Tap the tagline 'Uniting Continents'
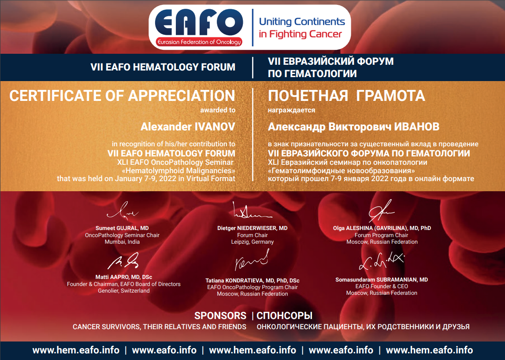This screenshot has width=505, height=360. click(302, 22)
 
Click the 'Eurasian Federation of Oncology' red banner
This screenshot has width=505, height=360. click(199, 42)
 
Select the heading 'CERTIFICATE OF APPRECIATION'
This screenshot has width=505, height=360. click(122, 96)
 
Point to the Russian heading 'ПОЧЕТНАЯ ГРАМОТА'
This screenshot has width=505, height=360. click(346, 96)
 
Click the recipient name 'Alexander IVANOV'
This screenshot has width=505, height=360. click(188, 126)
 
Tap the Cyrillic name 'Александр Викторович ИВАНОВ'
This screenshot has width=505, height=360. click(353, 127)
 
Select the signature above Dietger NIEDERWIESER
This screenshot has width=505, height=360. click(252, 211)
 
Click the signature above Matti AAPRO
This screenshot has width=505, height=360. click(123, 261)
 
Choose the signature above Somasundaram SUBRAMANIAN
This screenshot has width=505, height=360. click(382, 261)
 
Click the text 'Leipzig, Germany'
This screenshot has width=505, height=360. click(252, 242)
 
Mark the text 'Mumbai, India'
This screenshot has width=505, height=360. click(122, 242)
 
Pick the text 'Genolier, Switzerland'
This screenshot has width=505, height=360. click(124, 291)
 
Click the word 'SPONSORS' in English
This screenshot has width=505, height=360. click(220, 315)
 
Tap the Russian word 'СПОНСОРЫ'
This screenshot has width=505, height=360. click(284, 315)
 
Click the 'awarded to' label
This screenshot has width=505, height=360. click(218, 110)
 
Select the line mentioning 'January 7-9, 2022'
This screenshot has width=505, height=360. click(146, 179)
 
